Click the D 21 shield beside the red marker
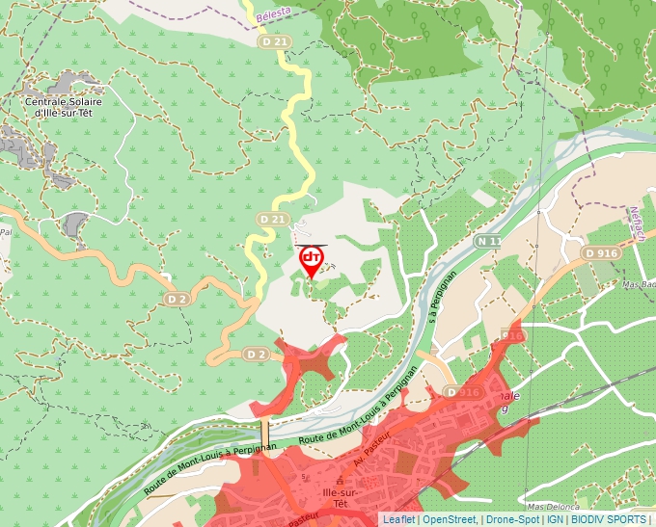273,221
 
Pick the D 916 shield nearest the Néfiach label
600,252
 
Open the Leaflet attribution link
398,519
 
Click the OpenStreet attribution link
449,519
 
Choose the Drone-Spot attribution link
511,519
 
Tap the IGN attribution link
555,519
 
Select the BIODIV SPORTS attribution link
608,519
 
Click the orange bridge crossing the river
264,432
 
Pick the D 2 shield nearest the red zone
255,355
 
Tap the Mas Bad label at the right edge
638,285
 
